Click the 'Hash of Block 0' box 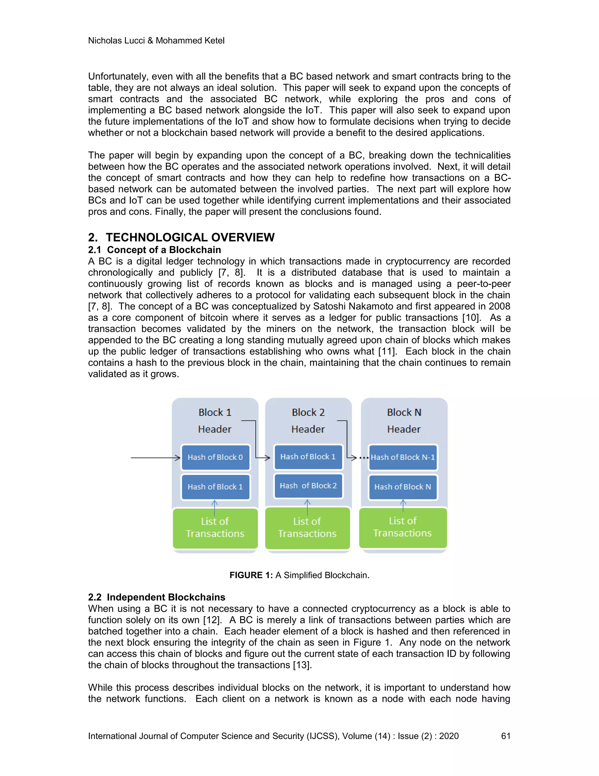tap(215, 457)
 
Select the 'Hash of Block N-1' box tap(403, 457)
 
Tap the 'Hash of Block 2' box tap(308, 486)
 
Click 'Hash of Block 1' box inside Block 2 tap(308, 457)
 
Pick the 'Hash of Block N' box tap(403, 487)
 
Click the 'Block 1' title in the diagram tap(215, 413)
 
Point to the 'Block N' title tap(404, 413)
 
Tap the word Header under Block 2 tap(308, 429)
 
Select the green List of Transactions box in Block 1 tap(215, 528)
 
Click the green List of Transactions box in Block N tap(403, 527)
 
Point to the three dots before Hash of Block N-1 tap(364, 458)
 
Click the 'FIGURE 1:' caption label tap(251, 575)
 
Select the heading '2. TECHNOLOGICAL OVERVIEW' tap(181, 237)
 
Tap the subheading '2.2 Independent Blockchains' tap(156, 597)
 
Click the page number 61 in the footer tap(505, 736)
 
